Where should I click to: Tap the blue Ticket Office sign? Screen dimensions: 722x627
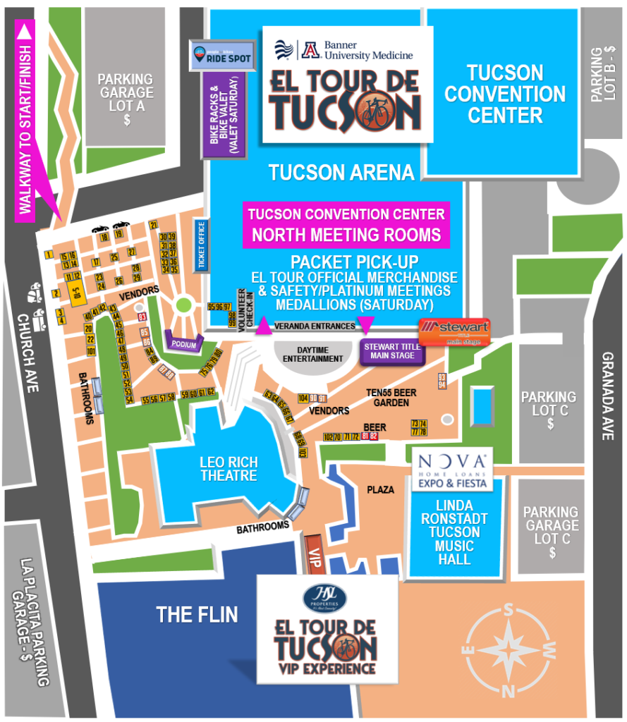[201, 246]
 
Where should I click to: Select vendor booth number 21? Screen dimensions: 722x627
[154, 225]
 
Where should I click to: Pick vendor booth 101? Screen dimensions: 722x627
[90, 350]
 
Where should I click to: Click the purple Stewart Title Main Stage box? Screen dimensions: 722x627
[392, 351]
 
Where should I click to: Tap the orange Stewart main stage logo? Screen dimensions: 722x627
[454, 331]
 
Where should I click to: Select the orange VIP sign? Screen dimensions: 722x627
[315, 553]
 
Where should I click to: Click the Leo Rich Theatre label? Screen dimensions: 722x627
[229, 469]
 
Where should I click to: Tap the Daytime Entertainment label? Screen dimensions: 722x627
[312, 354]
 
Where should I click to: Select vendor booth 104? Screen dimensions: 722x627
[303, 398]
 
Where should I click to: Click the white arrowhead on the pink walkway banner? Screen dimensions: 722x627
[26, 31]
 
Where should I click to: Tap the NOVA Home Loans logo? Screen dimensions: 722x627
[453, 467]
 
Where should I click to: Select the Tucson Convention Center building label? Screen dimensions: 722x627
[505, 94]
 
